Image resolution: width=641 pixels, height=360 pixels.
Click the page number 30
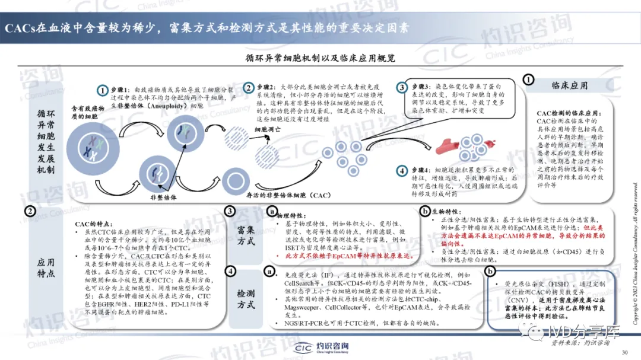(x=624, y=352)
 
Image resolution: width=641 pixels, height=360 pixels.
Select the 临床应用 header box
(x=570, y=86)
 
